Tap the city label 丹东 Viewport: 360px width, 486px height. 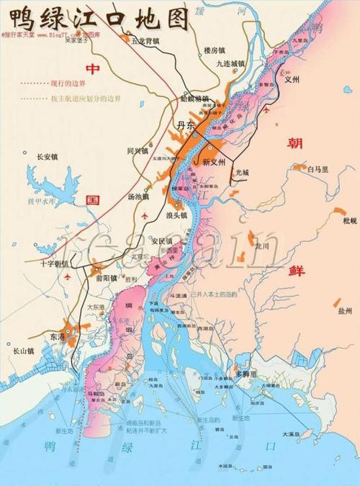pos(186,126)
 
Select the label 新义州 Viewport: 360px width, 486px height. pos(214,162)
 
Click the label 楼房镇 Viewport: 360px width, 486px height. pos(215,50)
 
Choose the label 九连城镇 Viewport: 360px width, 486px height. pos(231,65)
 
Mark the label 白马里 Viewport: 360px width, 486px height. pos(318,170)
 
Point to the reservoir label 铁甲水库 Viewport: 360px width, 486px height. pos(41,202)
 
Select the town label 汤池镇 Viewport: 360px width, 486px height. pos(138,196)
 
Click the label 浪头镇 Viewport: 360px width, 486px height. pos(176,215)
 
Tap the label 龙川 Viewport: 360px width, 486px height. pos(261,246)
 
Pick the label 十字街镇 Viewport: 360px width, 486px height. pos(55,264)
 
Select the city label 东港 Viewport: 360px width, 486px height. pos(58,336)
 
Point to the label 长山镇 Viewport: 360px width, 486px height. pos(24,351)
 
